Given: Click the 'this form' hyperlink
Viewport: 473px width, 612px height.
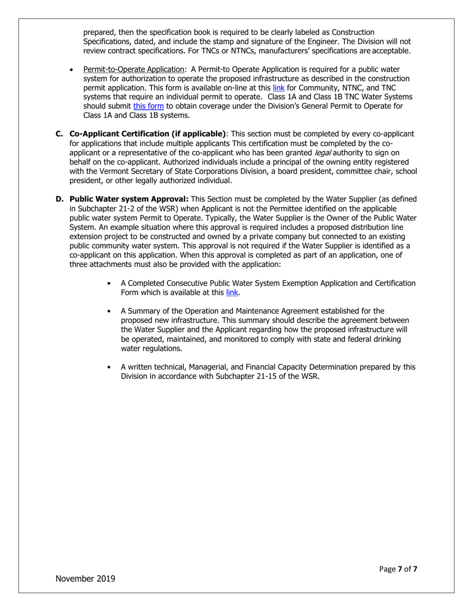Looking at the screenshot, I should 148,106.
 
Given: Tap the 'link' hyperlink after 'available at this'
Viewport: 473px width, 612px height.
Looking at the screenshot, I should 232,293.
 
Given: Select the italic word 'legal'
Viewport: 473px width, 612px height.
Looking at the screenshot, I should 322,153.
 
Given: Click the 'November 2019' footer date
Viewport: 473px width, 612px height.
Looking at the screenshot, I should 85,578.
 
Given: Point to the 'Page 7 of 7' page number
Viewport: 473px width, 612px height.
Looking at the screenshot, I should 398,569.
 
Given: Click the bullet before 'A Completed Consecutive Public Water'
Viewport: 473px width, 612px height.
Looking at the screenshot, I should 109,284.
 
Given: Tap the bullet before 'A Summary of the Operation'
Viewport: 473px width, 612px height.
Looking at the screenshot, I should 109,311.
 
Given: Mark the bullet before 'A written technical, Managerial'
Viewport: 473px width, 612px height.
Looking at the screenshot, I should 109,367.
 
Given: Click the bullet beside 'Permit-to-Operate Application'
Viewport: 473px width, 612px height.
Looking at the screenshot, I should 73,70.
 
